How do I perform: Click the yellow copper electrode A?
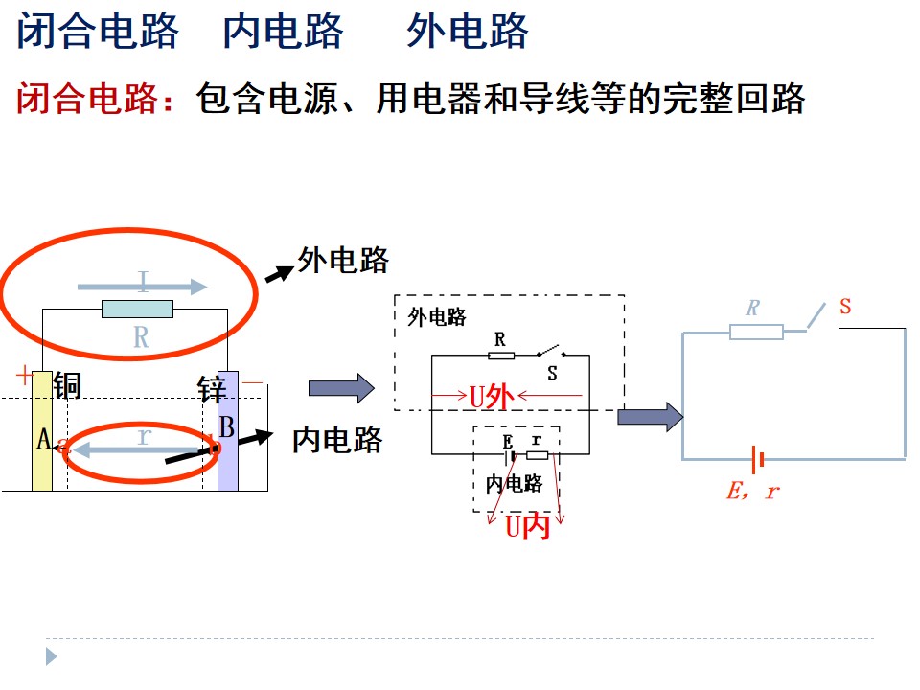(x=41, y=430)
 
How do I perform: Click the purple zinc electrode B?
(x=228, y=430)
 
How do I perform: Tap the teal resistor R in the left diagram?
(x=137, y=309)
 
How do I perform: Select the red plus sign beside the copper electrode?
(x=24, y=375)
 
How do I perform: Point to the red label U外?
(x=492, y=397)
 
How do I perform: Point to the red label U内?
(x=527, y=526)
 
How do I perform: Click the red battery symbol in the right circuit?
(x=757, y=459)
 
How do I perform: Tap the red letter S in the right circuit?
(x=845, y=306)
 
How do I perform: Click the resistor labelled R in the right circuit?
(x=756, y=333)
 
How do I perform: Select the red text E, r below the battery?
(x=753, y=491)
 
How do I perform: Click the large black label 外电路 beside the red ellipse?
(x=343, y=260)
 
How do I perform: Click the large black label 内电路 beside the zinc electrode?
(x=337, y=440)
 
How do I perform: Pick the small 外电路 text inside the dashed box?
(x=437, y=317)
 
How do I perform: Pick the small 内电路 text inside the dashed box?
(x=514, y=483)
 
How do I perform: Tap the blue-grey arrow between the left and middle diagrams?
(x=341, y=388)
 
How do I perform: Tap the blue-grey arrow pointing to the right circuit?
(x=650, y=417)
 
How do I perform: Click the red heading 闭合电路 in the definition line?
(x=87, y=98)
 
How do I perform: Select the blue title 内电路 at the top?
(x=284, y=31)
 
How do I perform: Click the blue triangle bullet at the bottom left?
(x=51, y=655)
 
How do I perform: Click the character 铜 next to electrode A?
(x=67, y=385)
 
